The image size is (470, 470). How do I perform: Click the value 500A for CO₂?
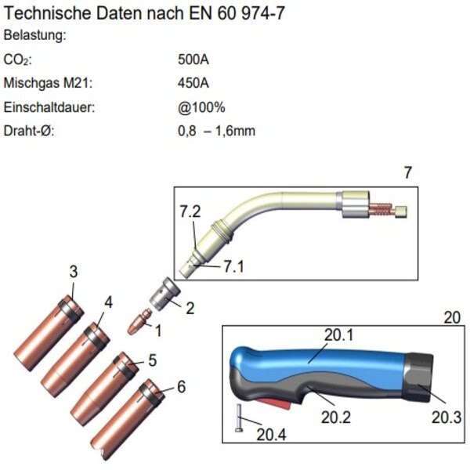193,60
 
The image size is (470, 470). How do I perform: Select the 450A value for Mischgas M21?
193,83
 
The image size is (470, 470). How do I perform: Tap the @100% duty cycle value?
201,107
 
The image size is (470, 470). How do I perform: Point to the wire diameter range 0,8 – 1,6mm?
216,131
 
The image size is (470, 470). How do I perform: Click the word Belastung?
34,35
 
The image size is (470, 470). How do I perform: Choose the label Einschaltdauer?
49,107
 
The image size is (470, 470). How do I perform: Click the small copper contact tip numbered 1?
139,321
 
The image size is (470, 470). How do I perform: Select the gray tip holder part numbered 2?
164,295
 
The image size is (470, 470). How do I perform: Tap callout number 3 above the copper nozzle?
74,272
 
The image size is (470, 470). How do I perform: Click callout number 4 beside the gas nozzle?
108,302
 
